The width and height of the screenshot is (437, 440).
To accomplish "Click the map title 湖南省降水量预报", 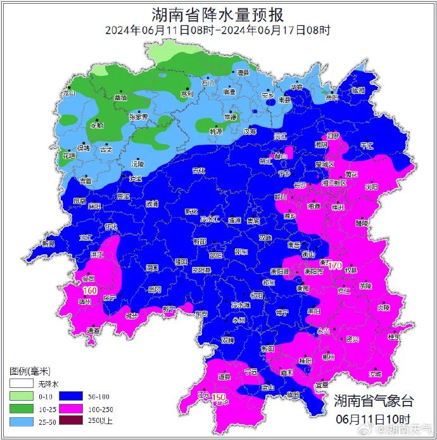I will click(218, 15).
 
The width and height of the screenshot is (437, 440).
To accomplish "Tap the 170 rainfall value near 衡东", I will click(335, 264).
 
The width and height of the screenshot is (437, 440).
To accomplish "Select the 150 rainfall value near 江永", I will click(219, 398).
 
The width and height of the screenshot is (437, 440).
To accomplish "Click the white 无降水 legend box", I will click(21, 384).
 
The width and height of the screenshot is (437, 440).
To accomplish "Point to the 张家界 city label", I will click(138, 117).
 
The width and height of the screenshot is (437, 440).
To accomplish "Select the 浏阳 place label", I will click(371, 187).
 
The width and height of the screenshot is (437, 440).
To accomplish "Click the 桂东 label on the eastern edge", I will click(394, 336).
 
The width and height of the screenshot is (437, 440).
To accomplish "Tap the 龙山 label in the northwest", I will click(68, 93).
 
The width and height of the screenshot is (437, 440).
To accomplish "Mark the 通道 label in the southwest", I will click(93, 330).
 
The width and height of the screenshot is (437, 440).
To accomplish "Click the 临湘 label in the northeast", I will click(358, 91).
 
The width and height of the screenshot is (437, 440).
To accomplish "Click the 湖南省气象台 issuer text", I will click(374, 401).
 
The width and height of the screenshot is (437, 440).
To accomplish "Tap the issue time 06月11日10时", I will click(373, 419).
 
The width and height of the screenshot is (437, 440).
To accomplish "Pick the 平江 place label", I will click(367, 146).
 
